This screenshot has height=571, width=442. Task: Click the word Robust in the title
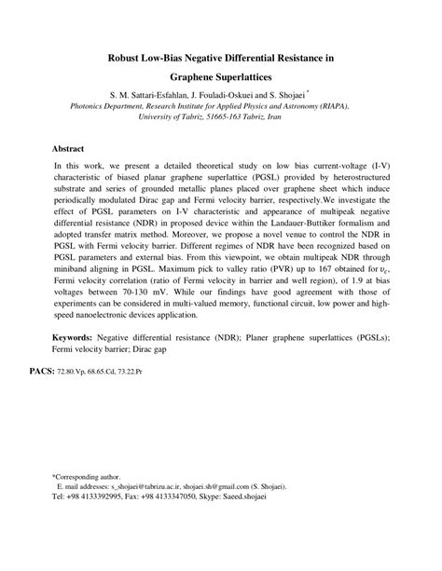click(x=129, y=58)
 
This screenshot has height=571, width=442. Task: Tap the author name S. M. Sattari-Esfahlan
click(x=150, y=96)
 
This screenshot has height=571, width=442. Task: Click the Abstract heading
click(x=68, y=149)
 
